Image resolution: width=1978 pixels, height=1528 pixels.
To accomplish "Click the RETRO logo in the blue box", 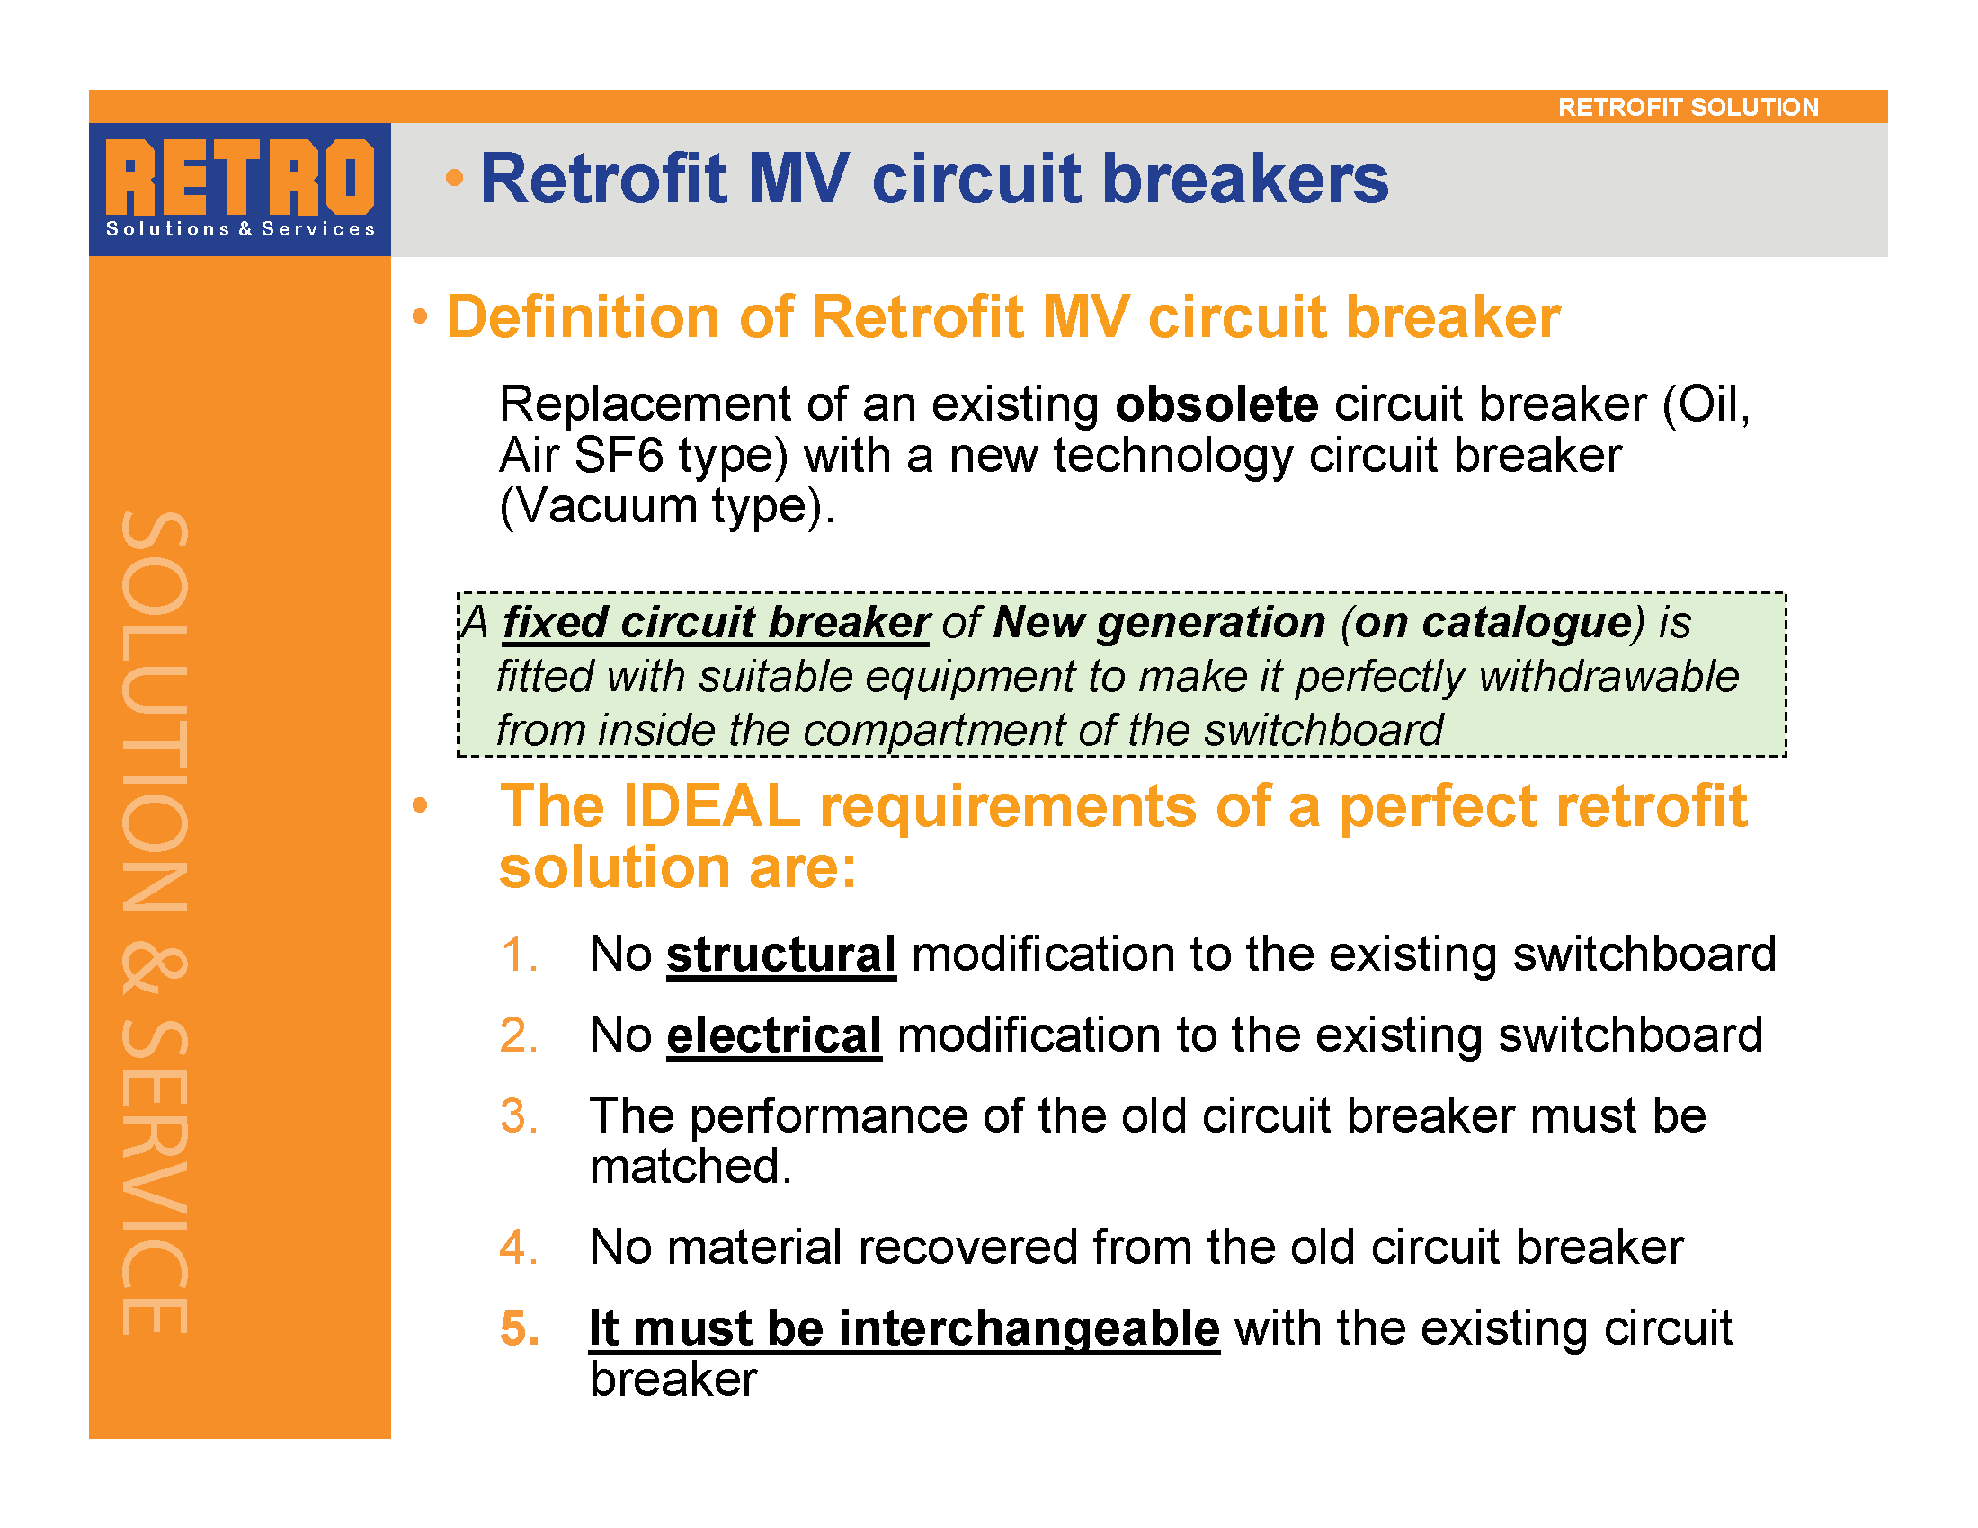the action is pos(240,177).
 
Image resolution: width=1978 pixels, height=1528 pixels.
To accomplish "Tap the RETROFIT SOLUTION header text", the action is pos(1688,107).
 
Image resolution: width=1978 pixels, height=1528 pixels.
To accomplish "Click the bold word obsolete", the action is pos(1216,404).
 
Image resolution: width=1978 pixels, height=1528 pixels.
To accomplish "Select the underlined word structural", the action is pos(780,954).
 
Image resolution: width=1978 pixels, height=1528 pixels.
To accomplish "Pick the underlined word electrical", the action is pos(774,1035).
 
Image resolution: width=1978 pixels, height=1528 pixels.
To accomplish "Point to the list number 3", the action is pos(518,1115).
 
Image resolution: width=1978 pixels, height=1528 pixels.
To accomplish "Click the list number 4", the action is pos(518,1247).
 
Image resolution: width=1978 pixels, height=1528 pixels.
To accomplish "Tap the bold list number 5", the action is pos(520,1328).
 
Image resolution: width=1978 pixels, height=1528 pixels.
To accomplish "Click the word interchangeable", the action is pos(1029,1328).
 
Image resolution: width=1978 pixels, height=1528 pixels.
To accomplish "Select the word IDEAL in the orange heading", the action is pos(712,805).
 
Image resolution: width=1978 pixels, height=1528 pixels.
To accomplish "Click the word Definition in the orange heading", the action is pos(584,316).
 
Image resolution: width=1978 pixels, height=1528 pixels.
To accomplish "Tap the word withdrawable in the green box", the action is pos(1608,676).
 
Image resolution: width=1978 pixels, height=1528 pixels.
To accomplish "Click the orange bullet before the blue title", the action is pos(455,177).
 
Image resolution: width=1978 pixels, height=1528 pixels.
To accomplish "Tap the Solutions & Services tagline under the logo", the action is pos(240,229).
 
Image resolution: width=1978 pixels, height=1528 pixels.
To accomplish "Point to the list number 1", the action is pos(518,954).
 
